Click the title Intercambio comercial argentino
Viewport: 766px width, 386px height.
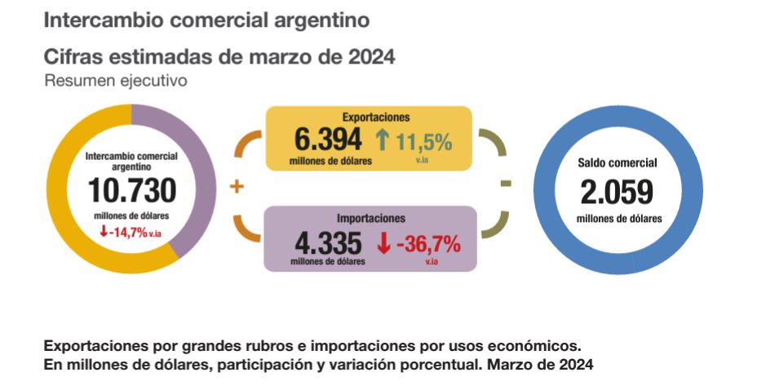tap(206, 20)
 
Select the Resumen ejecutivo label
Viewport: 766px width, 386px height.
tap(116, 81)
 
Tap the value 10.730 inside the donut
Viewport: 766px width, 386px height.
tap(131, 190)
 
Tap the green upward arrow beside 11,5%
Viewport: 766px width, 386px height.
tap(382, 140)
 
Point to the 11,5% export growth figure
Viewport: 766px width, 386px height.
tap(423, 142)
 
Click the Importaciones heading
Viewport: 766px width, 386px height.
tap(371, 218)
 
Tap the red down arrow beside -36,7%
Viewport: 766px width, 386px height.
tap(383, 243)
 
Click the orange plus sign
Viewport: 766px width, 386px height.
tap(237, 187)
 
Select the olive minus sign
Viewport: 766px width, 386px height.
tap(506, 184)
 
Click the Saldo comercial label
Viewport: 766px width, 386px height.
tap(617, 162)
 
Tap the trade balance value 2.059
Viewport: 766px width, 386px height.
tap(617, 192)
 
